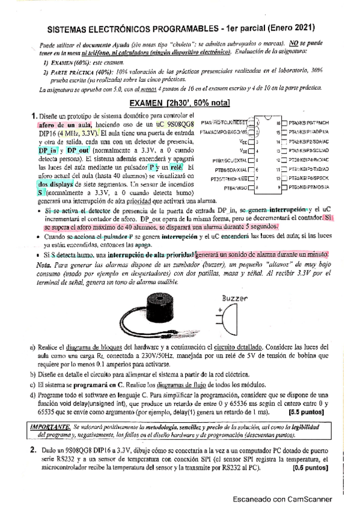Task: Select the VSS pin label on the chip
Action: tap(243, 150)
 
